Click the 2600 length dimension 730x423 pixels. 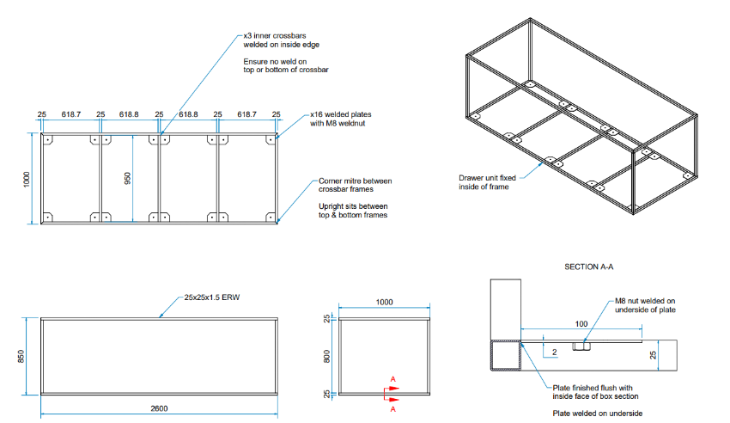160,408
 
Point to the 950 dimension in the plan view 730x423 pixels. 128,179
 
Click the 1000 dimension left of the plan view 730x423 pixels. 27,179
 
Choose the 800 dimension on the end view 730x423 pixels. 326,356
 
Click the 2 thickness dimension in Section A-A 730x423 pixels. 557,352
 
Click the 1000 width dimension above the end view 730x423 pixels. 384,302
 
